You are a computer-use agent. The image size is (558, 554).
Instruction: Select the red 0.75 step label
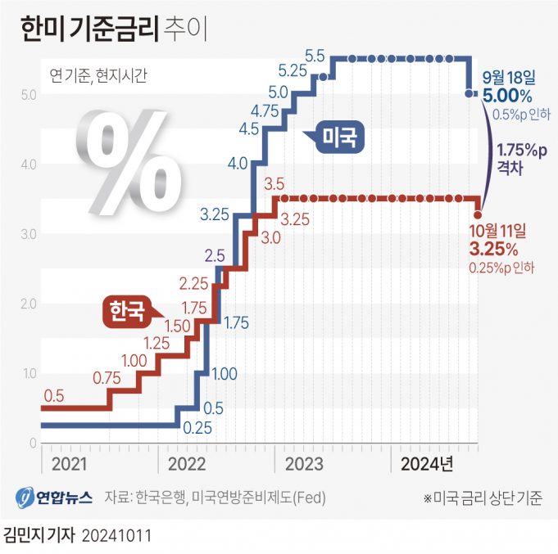click(x=107, y=377)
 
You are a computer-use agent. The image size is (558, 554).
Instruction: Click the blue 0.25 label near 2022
click(x=197, y=426)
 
